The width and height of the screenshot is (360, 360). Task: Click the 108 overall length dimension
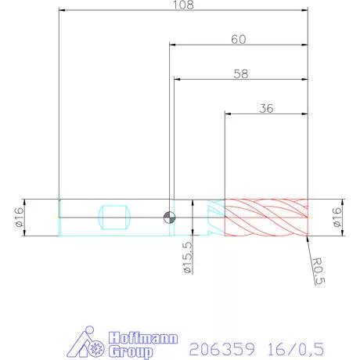(x=182, y=5)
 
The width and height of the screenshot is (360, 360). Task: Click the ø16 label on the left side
(x=18, y=217)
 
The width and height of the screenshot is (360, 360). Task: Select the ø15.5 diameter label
(x=187, y=258)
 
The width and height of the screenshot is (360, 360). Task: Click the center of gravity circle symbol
(x=168, y=218)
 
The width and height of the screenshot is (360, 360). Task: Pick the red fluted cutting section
(x=266, y=217)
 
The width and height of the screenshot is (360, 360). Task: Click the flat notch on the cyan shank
(x=115, y=217)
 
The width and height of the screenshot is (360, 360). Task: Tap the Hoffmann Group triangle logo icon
(x=85, y=342)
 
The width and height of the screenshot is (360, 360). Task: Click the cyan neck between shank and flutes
(x=210, y=217)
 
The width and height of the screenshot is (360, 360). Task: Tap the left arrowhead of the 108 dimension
(x=62, y=11)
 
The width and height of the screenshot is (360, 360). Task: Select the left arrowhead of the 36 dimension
(x=228, y=114)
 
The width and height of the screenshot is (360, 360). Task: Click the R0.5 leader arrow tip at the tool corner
(x=308, y=236)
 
